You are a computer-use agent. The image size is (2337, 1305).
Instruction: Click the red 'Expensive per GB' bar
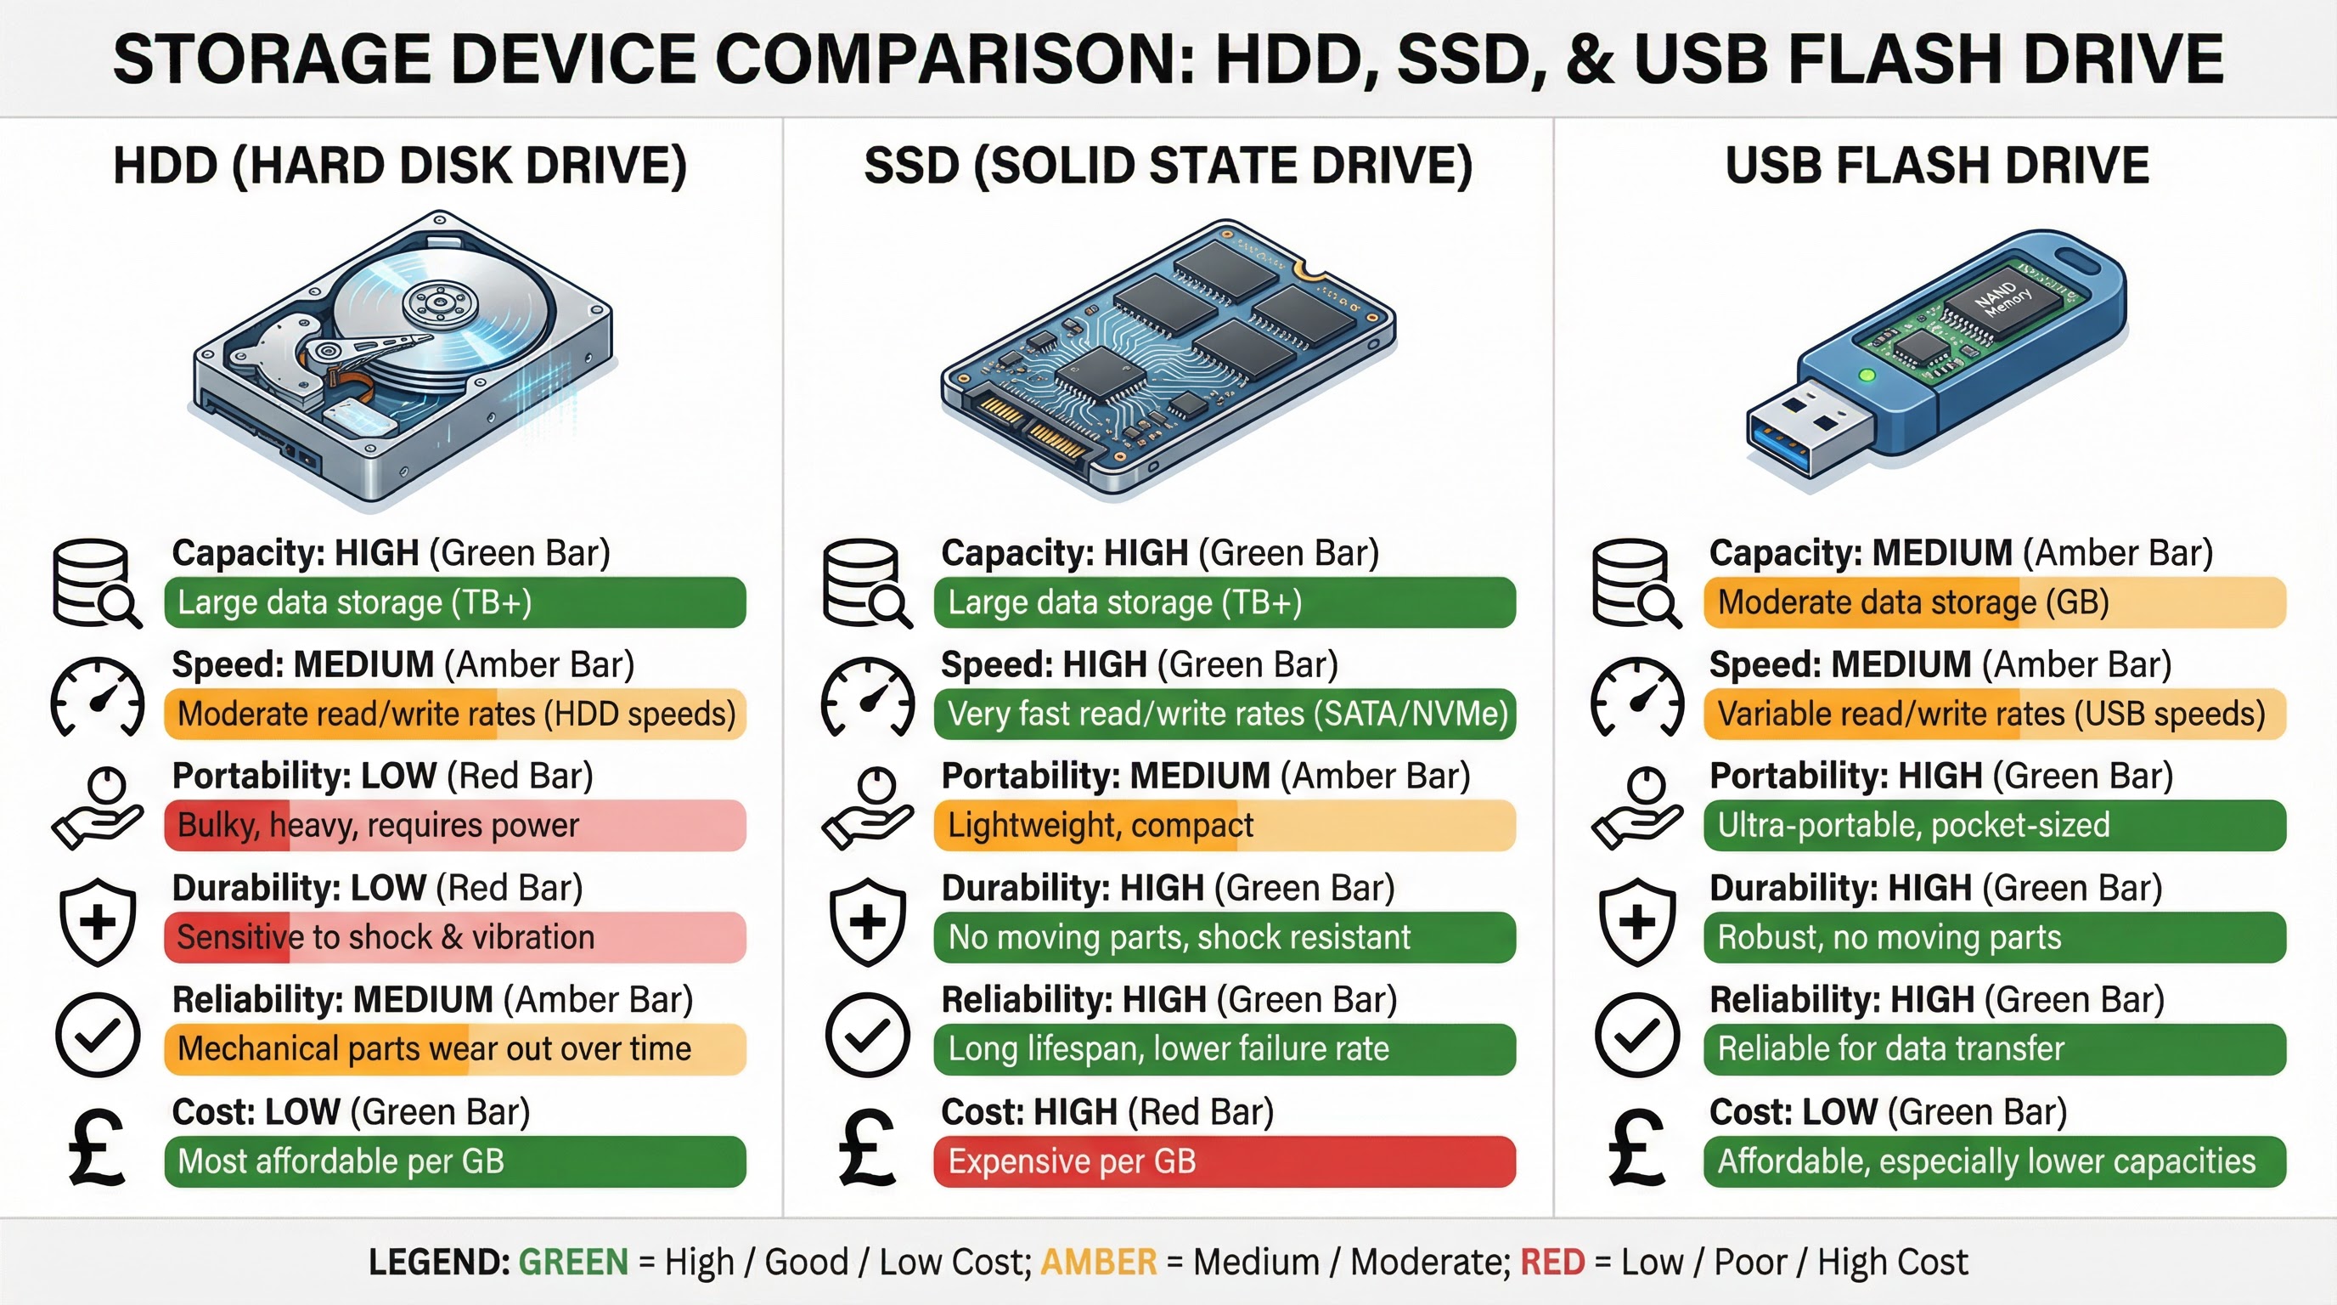point(1224,1161)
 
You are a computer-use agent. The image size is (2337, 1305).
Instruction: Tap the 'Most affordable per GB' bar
point(454,1161)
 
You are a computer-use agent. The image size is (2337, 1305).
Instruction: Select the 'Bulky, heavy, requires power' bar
point(454,826)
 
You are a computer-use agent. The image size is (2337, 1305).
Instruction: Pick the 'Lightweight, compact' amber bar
point(1224,826)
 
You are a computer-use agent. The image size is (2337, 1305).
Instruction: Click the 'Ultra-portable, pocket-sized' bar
point(1994,826)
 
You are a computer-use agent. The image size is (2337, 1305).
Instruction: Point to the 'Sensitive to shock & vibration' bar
point(454,937)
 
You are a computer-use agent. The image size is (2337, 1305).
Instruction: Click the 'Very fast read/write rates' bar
point(1224,715)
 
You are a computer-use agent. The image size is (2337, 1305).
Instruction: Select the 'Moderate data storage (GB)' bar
point(1994,602)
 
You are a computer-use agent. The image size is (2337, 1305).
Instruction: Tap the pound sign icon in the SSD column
point(866,1149)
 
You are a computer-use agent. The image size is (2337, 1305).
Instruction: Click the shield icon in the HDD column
point(98,922)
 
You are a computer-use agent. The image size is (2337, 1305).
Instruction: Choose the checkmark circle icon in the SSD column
point(866,1035)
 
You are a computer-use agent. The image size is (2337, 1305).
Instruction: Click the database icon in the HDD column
point(96,584)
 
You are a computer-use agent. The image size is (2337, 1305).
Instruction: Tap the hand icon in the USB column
point(1636,808)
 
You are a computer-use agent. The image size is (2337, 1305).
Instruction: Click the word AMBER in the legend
point(1099,1263)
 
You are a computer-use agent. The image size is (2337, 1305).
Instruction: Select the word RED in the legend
point(1552,1263)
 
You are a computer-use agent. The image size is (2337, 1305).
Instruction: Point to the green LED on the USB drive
point(1867,375)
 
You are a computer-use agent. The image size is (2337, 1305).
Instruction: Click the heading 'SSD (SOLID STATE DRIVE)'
point(1168,166)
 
